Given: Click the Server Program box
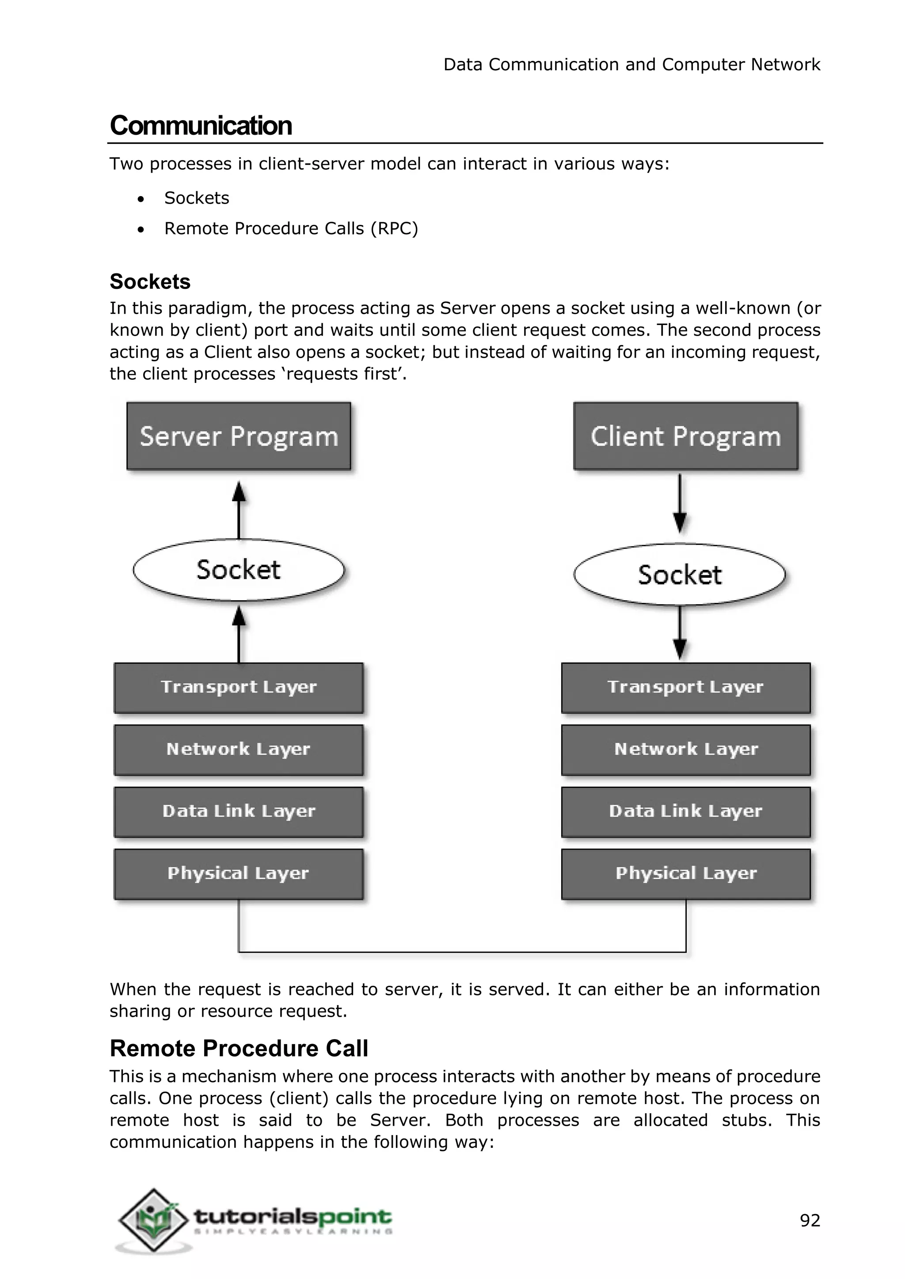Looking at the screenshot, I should coord(239,436).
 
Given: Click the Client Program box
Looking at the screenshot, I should coord(685,436).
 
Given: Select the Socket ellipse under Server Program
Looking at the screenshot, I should coord(239,570).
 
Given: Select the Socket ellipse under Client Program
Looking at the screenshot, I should coord(679,574).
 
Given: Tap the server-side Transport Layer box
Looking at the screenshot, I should coord(239,687).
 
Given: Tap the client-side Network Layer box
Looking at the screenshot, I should coord(685,750).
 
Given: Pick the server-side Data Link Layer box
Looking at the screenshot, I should coord(239,812).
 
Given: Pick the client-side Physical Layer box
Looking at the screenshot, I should coord(685,874).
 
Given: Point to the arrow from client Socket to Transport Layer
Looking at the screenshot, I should coord(679,632).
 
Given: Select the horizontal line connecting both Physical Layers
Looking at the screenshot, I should coord(463,952).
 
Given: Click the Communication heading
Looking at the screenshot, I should coord(201,125).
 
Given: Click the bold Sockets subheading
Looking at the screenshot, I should coord(150,282).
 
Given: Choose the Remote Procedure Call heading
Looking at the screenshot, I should coord(239,1048).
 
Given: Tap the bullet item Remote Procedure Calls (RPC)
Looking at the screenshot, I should coord(290,228).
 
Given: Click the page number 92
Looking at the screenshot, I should coord(810,1221).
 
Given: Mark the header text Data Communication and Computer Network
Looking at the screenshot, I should coord(631,64).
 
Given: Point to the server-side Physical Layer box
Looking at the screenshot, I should coord(239,874).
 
